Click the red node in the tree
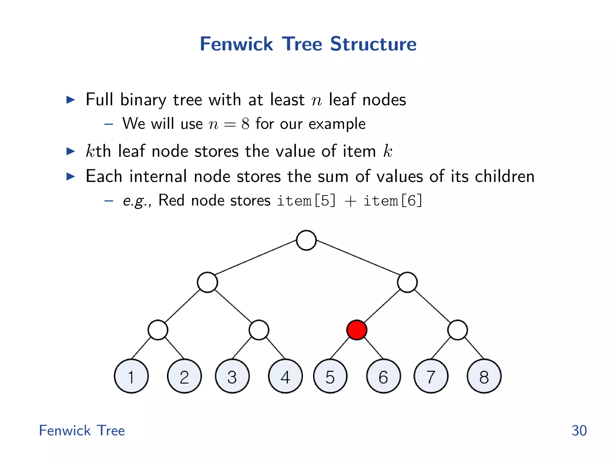point(357,330)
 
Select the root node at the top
point(306,240)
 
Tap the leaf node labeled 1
point(131,376)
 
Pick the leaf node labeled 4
point(285,376)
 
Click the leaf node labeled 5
point(330,376)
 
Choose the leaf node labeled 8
point(484,376)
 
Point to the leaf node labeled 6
point(383,376)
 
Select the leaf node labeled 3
point(232,376)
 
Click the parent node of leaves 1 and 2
point(158,330)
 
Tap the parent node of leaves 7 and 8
point(457,330)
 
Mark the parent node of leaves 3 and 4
point(259,330)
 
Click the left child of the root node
point(208,282)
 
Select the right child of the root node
point(407,282)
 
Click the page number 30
point(579,430)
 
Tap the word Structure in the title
point(373,44)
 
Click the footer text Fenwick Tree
point(82,430)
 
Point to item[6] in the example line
point(393,201)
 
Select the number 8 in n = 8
point(245,124)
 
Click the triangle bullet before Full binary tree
point(70,100)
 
